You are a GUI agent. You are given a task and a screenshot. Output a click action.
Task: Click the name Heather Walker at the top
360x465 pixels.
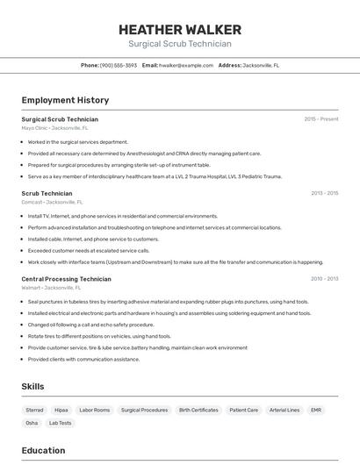coord(179,29)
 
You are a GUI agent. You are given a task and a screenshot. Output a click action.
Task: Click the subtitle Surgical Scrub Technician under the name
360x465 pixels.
coord(179,44)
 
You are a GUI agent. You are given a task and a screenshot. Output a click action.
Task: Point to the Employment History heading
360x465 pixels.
coord(65,100)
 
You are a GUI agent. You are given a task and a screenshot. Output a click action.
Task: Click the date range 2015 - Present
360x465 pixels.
coord(320,119)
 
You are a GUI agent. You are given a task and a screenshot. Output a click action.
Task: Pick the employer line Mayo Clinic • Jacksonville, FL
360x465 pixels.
coord(52,128)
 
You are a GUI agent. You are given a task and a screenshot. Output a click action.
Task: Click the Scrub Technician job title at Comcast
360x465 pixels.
coord(47,193)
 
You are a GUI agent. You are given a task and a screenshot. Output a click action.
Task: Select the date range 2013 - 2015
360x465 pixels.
coord(324,193)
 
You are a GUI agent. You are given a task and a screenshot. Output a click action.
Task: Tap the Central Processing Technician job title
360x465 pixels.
coord(66,279)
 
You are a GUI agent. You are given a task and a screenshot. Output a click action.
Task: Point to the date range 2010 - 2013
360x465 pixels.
coord(324,279)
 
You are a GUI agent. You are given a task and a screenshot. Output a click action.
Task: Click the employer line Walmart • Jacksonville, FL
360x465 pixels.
coord(51,288)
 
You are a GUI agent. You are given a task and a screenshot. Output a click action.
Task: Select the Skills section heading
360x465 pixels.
coord(32,386)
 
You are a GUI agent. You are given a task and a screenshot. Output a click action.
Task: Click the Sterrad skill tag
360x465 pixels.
coord(34,410)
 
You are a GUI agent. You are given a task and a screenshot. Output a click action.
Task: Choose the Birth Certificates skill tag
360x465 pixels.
coord(198,410)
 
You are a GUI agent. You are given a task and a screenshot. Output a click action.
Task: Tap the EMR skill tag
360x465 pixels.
coord(316,410)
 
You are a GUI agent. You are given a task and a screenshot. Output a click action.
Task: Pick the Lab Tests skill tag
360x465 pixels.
coord(60,423)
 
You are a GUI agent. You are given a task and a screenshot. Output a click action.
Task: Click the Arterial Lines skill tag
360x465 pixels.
coord(284,410)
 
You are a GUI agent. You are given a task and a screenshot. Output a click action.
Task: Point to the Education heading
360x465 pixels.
coord(43,450)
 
